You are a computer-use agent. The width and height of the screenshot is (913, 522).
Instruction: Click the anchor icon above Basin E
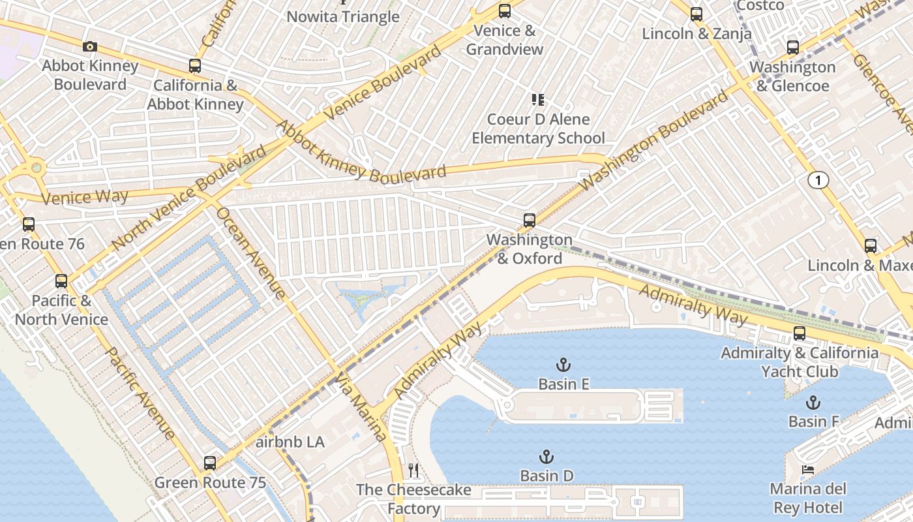click(x=563, y=364)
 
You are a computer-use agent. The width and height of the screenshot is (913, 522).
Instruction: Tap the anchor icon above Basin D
click(x=546, y=457)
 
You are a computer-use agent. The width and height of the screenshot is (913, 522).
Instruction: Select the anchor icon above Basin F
click(x=813, y=402)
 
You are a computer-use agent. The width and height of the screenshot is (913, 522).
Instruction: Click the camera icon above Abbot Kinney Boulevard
click(x=90, y=46)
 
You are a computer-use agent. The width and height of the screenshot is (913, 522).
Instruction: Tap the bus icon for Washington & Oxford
click(x=530, y=221)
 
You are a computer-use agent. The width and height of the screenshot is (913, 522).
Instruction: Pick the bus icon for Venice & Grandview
click(x=504, y=11)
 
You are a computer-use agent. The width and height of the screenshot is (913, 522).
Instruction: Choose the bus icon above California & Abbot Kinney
click(x=194, y=66)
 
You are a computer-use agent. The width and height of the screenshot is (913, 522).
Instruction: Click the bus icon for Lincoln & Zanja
click(x=696, y=14)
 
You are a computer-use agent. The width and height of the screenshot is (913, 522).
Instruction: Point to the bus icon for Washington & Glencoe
click(x=792, y=48)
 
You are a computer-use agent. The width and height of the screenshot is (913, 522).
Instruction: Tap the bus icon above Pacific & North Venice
click(x=61, y=281)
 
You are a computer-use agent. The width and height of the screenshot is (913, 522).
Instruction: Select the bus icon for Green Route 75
click(x=209, y=463)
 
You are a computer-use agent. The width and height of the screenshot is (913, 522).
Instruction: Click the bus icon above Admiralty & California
click(x=800, y=333)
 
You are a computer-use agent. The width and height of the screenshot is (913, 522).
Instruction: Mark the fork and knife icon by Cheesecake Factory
click(x=413, y=470)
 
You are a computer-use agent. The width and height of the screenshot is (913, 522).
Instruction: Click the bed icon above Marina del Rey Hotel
click(x=807, y=470)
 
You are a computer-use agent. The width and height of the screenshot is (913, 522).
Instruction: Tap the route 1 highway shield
click(x=818, y=180)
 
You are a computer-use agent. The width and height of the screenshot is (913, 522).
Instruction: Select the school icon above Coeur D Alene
click(x=538, y=100)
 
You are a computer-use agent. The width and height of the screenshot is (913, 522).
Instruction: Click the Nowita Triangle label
click(x=343, y=17)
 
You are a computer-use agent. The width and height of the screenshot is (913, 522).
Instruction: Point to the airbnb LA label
click(x=290, y=442)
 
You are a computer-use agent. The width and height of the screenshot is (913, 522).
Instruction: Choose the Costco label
click(x=760, y=5)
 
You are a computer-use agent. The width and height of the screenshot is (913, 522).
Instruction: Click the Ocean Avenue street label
click(x=250, y=253)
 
